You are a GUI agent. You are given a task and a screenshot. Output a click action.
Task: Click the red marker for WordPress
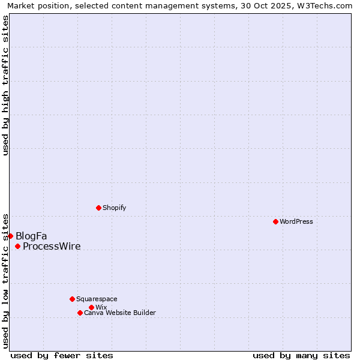click(x=275, y=221)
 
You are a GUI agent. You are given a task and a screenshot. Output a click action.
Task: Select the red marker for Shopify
click(x=98, y=208)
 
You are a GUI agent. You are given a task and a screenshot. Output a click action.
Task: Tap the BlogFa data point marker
click(x=10, y=236)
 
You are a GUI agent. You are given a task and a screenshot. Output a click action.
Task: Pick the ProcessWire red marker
click(x=17, y=246)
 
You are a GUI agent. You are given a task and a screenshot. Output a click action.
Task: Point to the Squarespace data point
click(x=72, y=299)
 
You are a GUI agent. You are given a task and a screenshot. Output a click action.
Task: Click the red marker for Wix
click(x=91, y=307)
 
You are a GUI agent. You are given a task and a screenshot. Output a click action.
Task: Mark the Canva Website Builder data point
click(x=80, y=313)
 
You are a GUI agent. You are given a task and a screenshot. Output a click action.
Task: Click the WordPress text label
click(x=296, y=221)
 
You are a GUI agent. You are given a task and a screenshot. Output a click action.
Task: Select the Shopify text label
click(x=114, y=208)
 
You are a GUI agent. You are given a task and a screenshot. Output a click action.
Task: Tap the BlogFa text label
click(x=31, y=236)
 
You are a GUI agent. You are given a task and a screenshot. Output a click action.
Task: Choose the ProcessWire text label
click(x=52, y=246)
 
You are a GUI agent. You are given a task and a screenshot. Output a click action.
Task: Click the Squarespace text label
click(x=97, y=299)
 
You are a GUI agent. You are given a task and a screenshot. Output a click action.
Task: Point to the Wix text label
click(x=101, y=307)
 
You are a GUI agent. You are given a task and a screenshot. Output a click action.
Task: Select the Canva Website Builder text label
click(x=120, y=313)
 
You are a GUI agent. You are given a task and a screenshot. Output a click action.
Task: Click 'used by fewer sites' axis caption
click(x=62, y=355)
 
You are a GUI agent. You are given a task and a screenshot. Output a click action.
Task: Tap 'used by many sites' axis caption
click(x=301, y=355)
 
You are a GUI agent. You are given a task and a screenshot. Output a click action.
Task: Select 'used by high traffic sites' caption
click(x=5, y=85)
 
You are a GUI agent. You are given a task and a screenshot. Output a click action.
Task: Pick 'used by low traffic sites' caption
click(x=5, y=280)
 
